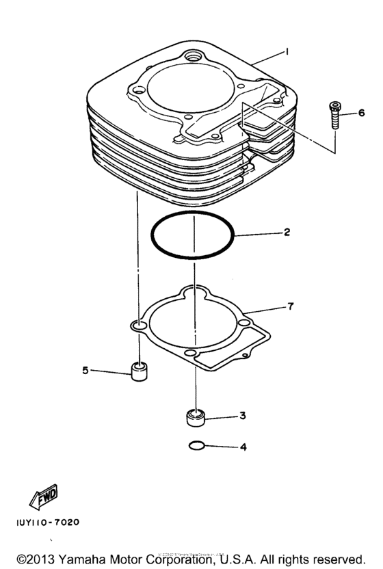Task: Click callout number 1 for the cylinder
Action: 289,51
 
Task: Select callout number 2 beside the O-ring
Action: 287,233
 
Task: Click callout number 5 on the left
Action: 85,371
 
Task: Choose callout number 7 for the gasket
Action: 291,306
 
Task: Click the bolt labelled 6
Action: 334,114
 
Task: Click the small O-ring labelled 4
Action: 196,446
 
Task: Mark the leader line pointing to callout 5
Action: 109,371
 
